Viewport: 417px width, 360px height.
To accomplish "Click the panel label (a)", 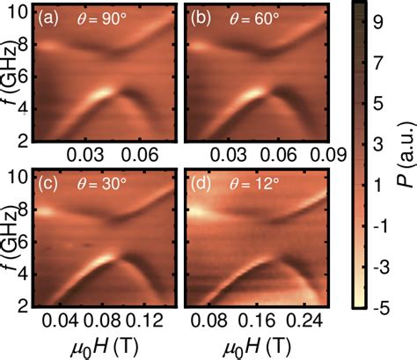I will click(x=48, y=18).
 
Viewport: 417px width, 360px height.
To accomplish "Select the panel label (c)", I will click(x=48, y=185).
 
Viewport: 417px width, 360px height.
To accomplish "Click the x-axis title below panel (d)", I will click(x=249, y=346).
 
